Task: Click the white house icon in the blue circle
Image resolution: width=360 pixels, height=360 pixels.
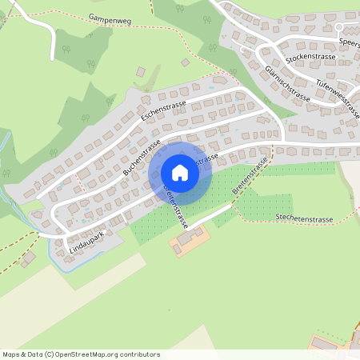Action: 180,173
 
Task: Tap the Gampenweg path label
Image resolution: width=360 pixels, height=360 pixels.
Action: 110,18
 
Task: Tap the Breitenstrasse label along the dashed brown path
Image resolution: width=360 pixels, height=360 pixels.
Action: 249,178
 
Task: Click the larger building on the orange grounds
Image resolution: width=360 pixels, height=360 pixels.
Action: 190,237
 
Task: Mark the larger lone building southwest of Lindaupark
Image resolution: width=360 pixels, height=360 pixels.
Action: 29,258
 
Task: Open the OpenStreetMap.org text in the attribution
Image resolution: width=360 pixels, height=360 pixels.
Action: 92,354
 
